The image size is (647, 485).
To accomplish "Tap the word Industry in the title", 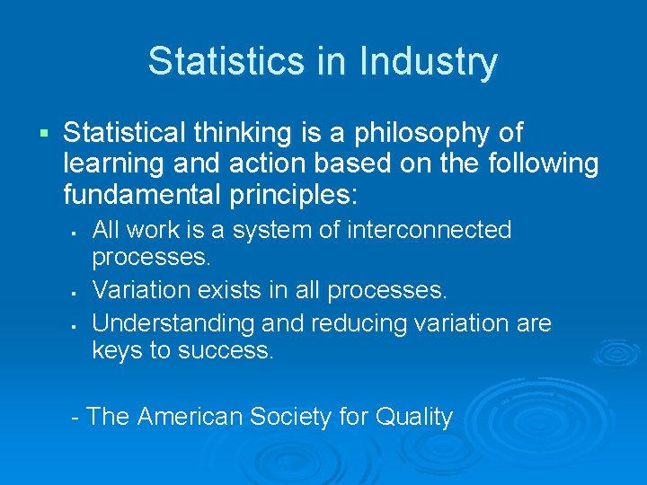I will pos(428,61).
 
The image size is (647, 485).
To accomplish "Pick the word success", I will pos(226,351).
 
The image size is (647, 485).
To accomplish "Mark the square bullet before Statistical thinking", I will pos(42,135).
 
